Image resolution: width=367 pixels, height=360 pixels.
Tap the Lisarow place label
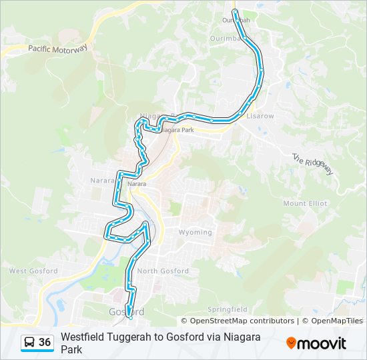pyautogui.click(x=260, y=116)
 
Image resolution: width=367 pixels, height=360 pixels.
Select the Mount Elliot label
pyautogui.click(x=305, y=203)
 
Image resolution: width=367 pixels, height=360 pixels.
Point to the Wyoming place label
pyautogui.click(x=195, y=233)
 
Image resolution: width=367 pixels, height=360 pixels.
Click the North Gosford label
pyautogui.click(x=163, y=271)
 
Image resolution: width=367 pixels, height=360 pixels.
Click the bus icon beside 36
pyautogui.click(x=29, y=343)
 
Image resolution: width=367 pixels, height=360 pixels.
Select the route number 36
pyautogui.click(x=45, y=343)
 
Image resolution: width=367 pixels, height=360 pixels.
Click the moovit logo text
pyautogui.click(x=322, y=343)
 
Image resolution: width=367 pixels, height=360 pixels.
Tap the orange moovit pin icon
pyautogui.click(x=291, y=343)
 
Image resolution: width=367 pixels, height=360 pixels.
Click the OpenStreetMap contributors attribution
pyautogui.click(x=242, y=321)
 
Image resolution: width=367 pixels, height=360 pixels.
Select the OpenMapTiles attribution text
pyautogui.click(x=336, y=321)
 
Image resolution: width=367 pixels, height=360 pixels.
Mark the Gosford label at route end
pyautogui.click(x=125, y=312)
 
